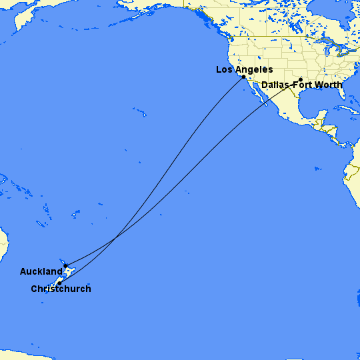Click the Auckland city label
(x=41, y=271)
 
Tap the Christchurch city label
(x=61, y=289)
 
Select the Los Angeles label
(x=244, y=69)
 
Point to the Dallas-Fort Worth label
(x=301, y=85)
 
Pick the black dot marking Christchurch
(x=59, y=283)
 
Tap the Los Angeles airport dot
(x=243, y=77)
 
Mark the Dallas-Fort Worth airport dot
(x=301, y=79)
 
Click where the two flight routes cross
(x=117, y=235)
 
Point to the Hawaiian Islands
(x=140, y=112)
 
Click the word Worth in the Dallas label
(x=329, y=85)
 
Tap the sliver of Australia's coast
(x=3, y=244)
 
